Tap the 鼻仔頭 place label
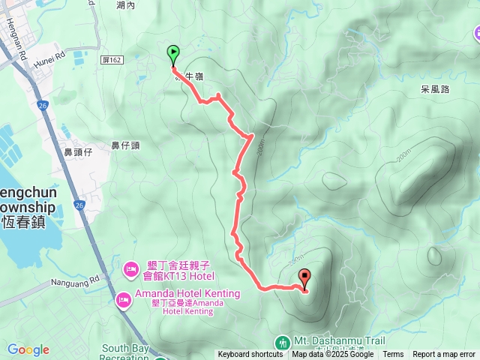coord(125,145)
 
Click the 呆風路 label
coord(434,88)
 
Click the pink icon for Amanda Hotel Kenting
coord(123,300)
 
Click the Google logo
coord(28,349)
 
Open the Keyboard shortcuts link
coord(250,355)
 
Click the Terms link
coord(393,355)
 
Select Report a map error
coord(444,355)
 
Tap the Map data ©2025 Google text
coord(333,355)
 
